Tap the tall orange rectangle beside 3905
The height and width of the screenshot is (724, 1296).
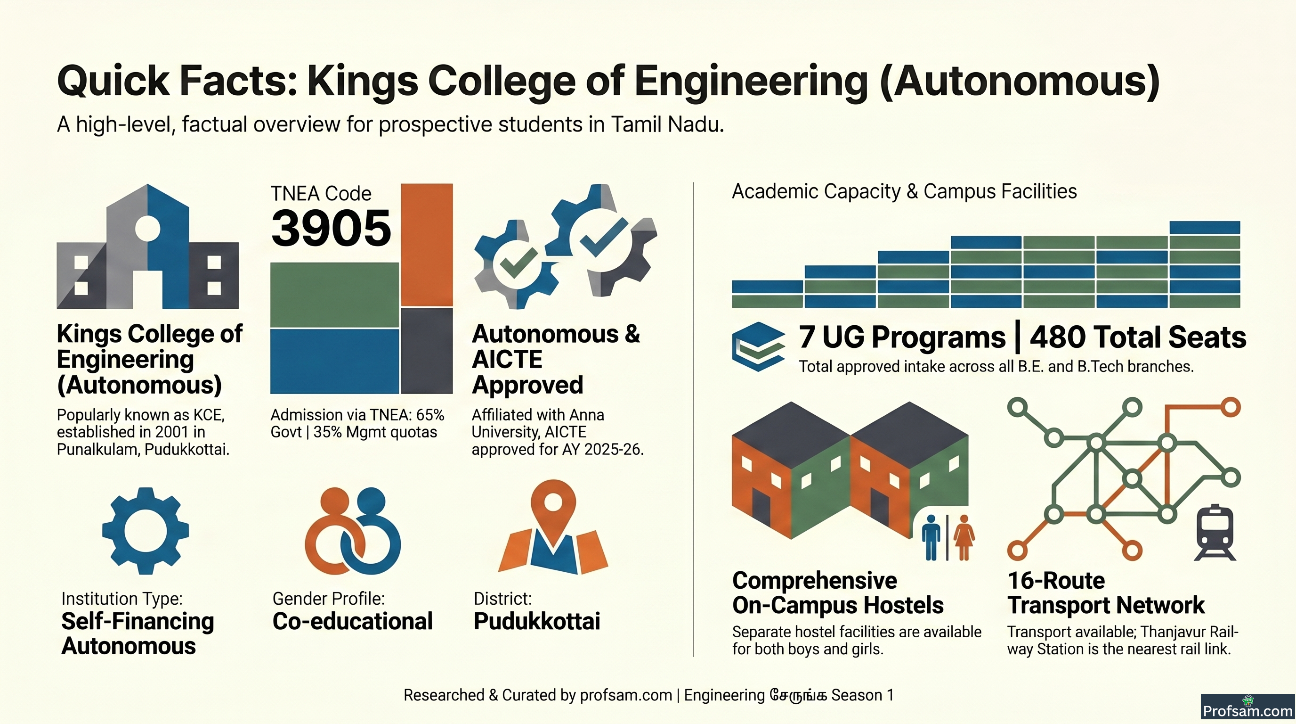427,245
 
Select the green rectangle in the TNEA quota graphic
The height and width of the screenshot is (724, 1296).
334,296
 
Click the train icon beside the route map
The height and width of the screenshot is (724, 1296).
1215,532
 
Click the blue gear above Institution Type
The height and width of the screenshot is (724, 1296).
146,531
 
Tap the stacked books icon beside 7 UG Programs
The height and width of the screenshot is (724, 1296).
758,346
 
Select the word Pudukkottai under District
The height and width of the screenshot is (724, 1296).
537,621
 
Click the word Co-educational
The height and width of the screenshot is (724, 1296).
352,621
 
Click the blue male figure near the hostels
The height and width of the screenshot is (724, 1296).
931,537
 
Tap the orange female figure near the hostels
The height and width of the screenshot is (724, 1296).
964,537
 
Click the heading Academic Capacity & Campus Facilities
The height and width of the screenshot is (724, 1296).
904,191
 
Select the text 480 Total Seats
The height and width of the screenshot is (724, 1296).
1138,337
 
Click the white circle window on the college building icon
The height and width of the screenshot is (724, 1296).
147,228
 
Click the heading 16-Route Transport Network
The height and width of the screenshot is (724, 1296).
1106,592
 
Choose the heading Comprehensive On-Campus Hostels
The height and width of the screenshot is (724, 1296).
838,592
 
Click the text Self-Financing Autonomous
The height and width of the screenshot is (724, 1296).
138,633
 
